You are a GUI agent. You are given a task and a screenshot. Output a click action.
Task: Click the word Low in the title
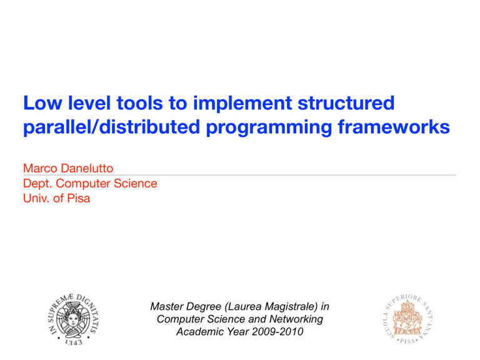point(42,103)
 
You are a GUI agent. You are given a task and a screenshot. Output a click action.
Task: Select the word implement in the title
point(242,103)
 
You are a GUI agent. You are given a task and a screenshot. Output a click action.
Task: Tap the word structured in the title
point(346,103)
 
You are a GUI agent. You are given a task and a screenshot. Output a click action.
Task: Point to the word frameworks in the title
point(394,127)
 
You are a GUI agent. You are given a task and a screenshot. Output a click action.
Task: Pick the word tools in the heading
point(139,103)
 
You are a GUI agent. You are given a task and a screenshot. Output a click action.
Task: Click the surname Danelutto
point(87,168)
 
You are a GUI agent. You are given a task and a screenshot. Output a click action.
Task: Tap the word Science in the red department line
point(135,183)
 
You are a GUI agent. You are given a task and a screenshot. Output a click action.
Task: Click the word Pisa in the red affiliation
point(79,198)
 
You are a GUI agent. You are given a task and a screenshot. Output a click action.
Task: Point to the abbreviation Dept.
point(38,184)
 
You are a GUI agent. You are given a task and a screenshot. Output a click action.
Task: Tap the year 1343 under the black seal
point(74,342)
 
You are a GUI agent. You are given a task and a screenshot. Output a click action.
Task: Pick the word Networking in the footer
point(296,319)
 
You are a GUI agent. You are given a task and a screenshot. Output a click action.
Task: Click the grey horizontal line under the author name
point(240,175)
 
